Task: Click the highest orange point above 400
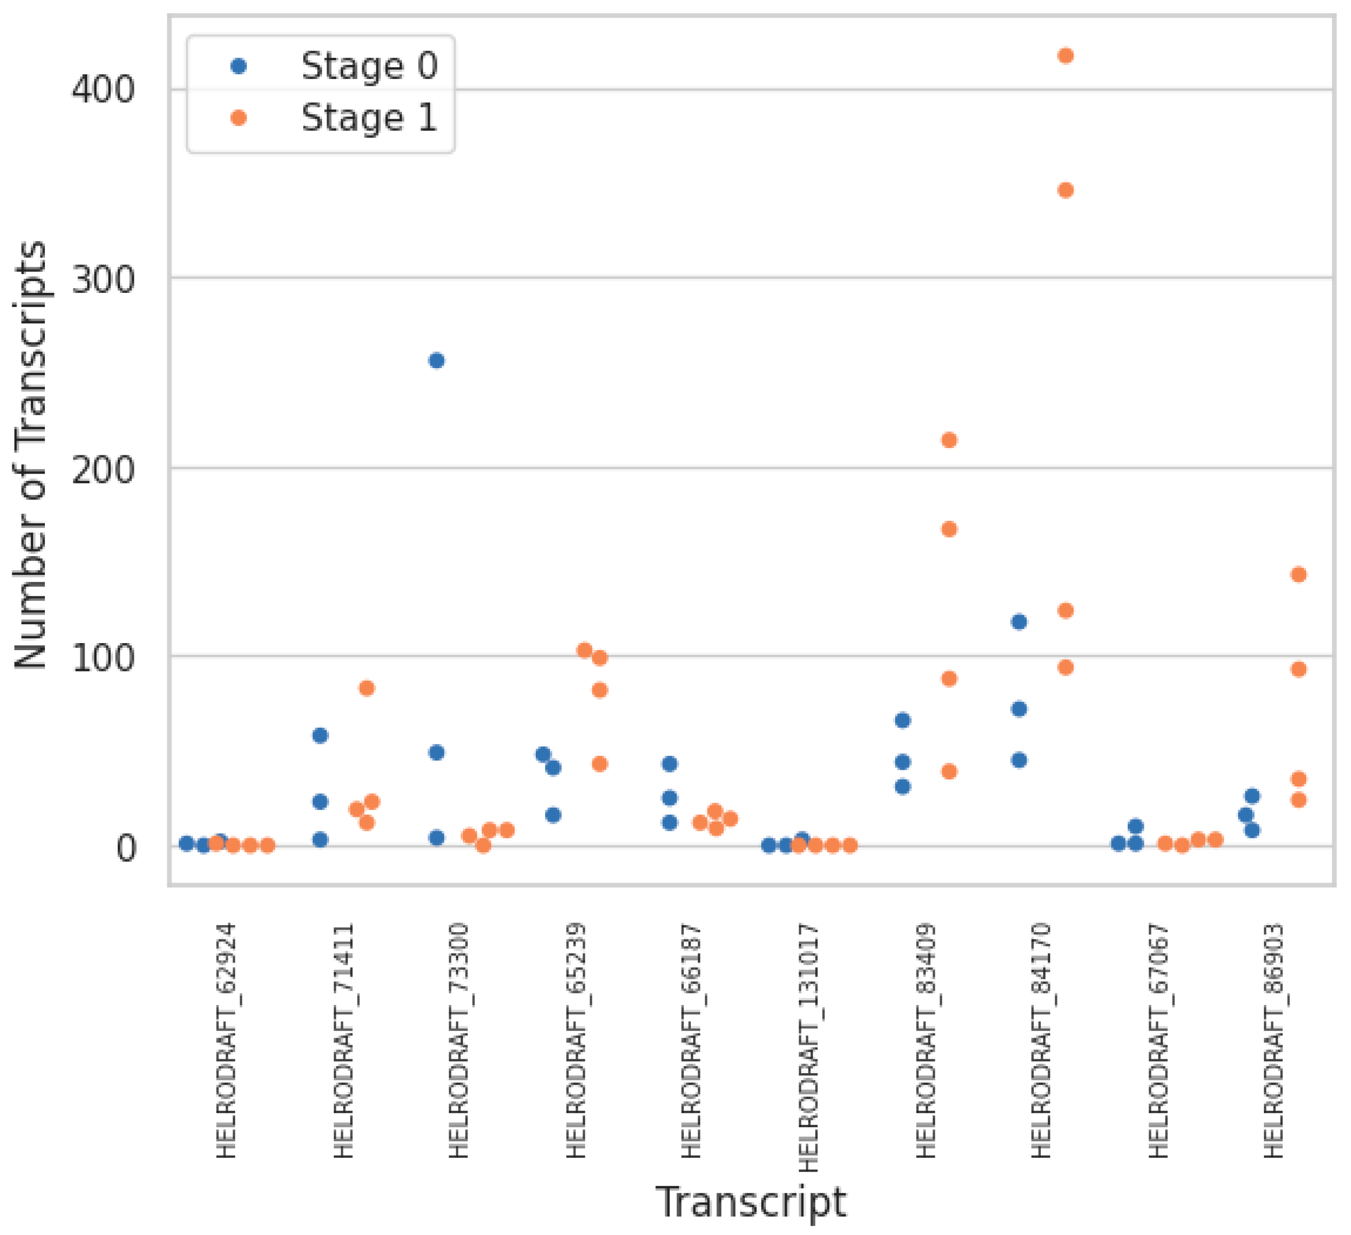1065,56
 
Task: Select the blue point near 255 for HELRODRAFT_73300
436,361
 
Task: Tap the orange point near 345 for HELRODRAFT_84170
1065,190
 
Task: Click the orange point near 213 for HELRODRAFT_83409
949,441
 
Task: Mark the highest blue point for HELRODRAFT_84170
1019,622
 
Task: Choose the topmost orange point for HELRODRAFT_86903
1299,574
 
